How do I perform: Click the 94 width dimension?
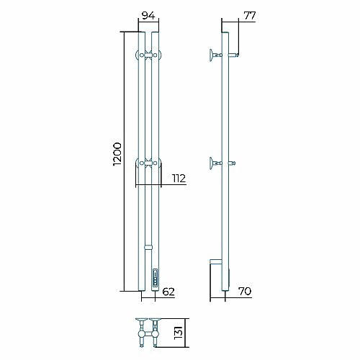[x=148, y=16]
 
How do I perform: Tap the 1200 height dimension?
[x=117, y=154]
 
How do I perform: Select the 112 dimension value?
[x=179, y=179]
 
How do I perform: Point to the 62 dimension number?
[x=168, y=292]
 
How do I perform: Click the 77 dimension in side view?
[x=250, y=16]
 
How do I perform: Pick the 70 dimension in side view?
[x=245, y=292]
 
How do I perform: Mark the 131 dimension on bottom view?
[x=179, y=333]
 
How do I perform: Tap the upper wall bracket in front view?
[x=148, y=55]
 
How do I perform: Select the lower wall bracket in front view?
[x=148, y=163]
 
